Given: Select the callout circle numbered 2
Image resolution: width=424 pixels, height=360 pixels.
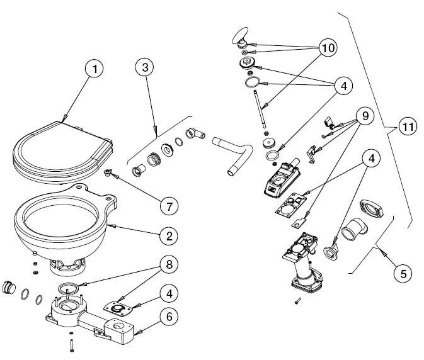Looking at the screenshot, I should point(168,237).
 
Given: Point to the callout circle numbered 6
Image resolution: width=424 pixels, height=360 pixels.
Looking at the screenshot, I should point(168,318).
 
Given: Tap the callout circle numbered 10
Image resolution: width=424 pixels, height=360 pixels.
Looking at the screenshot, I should point(328,48).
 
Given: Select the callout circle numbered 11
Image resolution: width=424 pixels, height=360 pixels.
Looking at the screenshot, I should point(408,127).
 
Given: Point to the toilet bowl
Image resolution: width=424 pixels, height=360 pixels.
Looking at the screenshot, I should point(60,220).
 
